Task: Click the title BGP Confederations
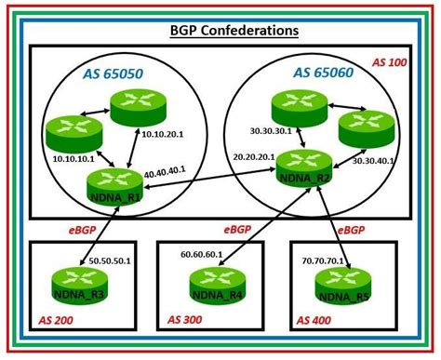[x=221, y=31]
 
